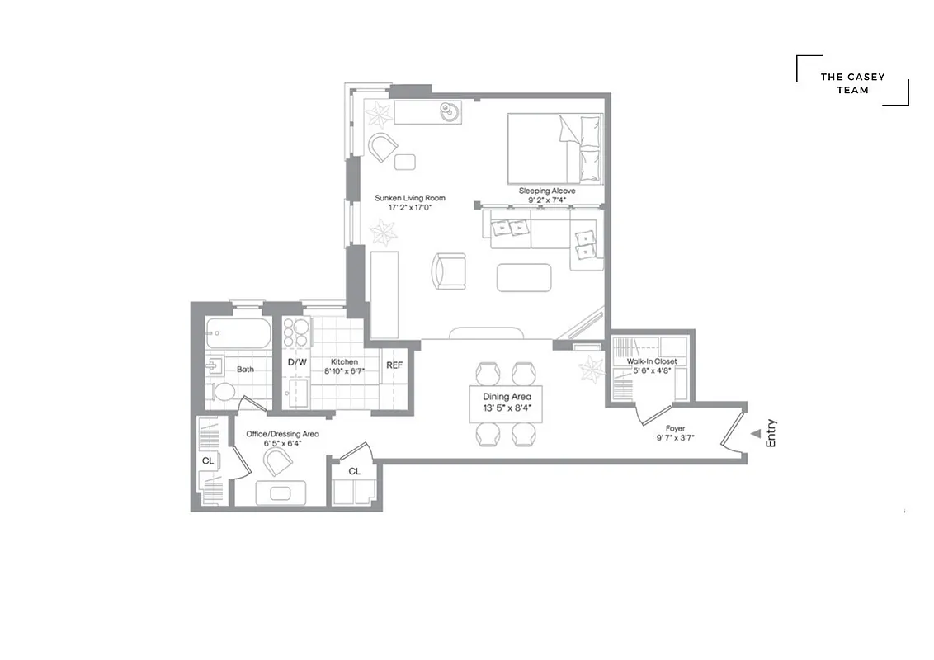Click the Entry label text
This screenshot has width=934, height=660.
tap(771, 434)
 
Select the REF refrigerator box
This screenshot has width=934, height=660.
tap(395, 365)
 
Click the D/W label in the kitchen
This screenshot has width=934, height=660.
tap(297, 362)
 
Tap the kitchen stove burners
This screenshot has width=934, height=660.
tap(295, 332)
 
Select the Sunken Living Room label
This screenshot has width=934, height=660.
tap(410, 198)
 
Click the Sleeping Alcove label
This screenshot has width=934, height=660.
tap(547, 191)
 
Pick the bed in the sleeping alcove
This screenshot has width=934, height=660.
tap(554, 148)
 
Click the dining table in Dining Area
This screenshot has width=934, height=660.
tap(507, 403)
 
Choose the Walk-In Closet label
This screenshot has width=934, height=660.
tap(652, 361)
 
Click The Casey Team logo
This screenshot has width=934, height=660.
tap(852, 82)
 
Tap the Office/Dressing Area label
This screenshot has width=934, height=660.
tap(282, 434)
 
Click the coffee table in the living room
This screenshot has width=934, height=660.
tap(524, 277)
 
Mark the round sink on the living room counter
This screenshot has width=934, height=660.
tap(450, 111)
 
